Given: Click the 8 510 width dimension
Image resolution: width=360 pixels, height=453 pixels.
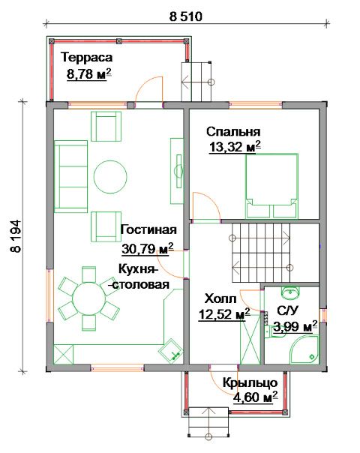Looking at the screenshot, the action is tap(186, 16).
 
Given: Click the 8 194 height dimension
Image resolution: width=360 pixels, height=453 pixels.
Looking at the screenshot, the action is tap(16, 236).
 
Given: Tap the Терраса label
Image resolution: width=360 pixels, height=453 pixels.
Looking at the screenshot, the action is tap(86, 57).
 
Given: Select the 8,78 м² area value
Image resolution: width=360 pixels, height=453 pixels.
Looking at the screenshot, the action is tap(89, 74).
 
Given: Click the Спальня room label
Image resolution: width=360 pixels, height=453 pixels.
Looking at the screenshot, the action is tap(233, 132).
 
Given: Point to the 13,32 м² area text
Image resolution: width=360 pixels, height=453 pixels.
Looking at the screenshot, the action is tap(235, 147).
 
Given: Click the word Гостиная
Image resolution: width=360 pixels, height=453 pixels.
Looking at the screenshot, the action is tap(148, 230).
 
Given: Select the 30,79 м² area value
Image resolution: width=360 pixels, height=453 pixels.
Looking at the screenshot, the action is tap(148, 248).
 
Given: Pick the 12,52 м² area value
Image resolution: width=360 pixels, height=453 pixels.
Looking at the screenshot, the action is tap(224, 314).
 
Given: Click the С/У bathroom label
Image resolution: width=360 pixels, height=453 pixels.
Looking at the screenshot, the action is tap(287, 310).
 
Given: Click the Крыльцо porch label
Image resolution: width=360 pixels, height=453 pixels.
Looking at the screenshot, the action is tap(250, 383).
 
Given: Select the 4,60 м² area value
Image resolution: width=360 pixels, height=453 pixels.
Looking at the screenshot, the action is tap(255, 397).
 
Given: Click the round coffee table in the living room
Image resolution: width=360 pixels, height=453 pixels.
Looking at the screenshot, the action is tap(110, 176).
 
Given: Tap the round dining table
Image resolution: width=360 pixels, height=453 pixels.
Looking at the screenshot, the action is tap(88, 298).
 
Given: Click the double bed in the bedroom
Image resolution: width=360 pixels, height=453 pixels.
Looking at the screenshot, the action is tap(271, 186).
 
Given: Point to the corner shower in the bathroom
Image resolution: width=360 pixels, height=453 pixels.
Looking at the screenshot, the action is tap(304, 349).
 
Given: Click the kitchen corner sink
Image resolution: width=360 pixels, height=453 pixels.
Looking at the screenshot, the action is tap(171, 350).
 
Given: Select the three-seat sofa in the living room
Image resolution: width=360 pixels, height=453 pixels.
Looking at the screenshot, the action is tap(70, 176).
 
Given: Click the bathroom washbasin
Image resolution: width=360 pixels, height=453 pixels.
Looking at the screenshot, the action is tap(290, 293).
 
